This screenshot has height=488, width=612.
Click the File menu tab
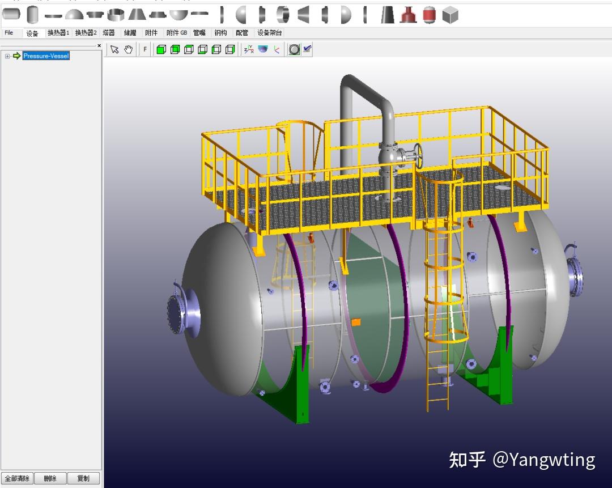[9, 33]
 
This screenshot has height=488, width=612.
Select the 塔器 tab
[109, 33]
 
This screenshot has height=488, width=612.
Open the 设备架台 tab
[269, 33]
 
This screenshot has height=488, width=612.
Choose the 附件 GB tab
[176, 33]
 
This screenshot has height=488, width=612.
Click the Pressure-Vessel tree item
[46, 56]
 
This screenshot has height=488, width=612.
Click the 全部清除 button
[17, 478]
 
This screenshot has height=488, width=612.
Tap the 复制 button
[83, 478]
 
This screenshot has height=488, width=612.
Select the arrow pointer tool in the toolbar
[114, 50]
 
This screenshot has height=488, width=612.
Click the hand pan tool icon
[129, 50]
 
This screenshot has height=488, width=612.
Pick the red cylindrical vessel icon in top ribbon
[429, 15]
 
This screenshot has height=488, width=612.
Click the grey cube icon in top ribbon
[450, 15]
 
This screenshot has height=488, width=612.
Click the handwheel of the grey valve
[418, 155]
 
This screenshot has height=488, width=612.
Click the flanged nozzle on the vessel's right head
[575, 277]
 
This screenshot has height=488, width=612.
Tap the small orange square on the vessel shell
[356, 322]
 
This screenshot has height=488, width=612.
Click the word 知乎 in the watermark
[467, 460]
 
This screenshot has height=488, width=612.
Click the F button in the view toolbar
[145, 50]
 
